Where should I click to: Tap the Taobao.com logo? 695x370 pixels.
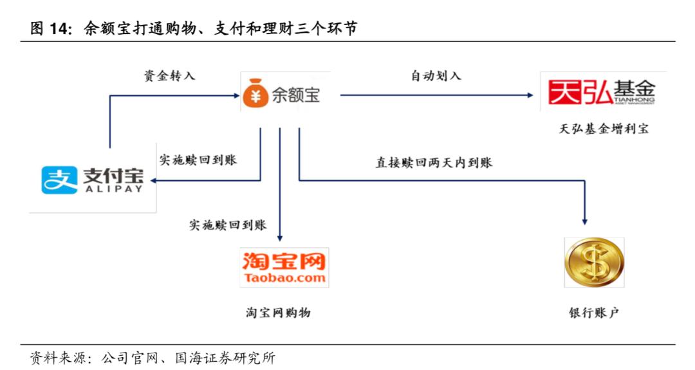tap(284, 268)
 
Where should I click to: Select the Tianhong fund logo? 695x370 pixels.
tap(601, 93)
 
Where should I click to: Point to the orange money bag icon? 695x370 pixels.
tap(255, 95)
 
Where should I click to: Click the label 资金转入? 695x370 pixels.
tap(169, 76)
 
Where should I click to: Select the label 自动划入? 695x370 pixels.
tap(436, 76)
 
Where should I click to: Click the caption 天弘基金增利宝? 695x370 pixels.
tap(604, 129)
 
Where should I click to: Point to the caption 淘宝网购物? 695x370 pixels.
tap(278, 313)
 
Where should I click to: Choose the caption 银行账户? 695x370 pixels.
tap(593, 313)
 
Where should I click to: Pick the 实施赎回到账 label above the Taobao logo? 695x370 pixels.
tap(228, 225)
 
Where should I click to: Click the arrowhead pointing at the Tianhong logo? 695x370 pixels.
tap(530, 95)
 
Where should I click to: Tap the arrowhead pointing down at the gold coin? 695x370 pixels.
tap(586, 221)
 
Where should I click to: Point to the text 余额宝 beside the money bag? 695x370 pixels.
tap(295, 95)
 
